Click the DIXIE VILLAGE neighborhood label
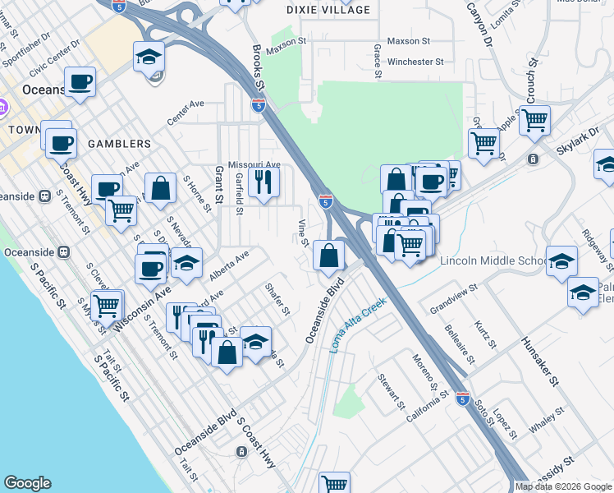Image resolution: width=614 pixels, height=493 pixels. tap(328, 10)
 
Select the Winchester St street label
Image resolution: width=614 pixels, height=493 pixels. tap(415, 62)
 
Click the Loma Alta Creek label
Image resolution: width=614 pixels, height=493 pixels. tap(358, 325)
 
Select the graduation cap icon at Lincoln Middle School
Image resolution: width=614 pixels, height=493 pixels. tap(561, 261)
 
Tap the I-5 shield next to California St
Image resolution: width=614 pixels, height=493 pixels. tap(462, 397)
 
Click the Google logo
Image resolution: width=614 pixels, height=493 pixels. tap(27, 483)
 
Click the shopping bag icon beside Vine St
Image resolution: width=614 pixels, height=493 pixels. tap(328, 256)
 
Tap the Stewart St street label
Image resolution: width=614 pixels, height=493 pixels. tap(391, 391)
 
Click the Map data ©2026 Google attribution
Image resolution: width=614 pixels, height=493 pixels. tap(563, 486)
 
